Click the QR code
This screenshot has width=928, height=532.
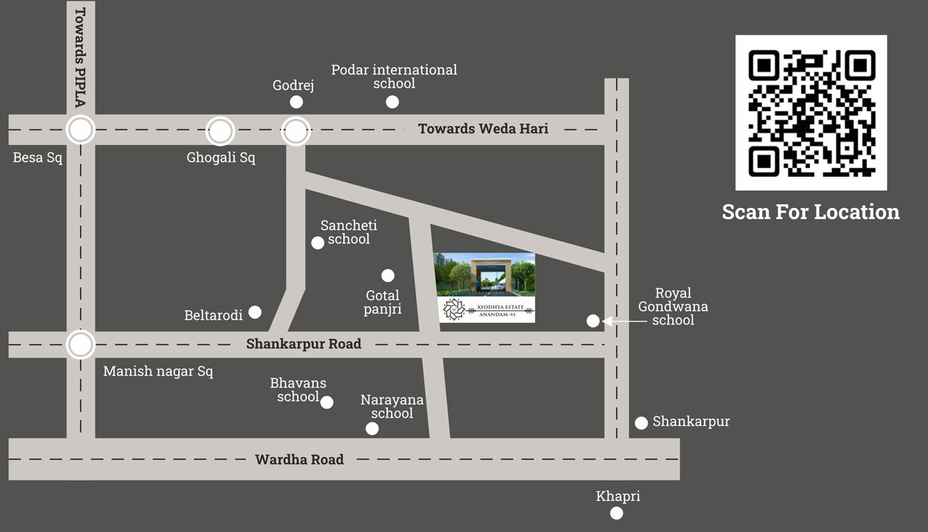tap(811, 113)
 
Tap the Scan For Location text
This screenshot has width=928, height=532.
tap(811, 212)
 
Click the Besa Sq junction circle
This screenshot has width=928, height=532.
tap(81, 130)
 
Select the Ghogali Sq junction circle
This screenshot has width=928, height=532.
tap(220, 131)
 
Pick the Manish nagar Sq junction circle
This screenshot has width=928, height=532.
tap(81, 345)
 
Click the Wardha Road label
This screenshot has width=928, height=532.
tap(299, 459)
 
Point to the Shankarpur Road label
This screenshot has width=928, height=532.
tap(304, 344)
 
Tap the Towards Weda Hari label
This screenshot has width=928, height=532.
tap(483, 129)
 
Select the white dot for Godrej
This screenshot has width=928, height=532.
tap(296, 102)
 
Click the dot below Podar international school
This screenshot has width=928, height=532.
tap(392, 102)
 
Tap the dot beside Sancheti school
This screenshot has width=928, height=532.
tap(318, 242)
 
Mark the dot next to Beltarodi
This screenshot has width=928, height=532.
tap(255, 312)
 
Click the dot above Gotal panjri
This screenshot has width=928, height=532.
tap(388, 276)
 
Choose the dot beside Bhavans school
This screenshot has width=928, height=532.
tap(327, 402)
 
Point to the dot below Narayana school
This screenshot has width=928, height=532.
tap(372, 429)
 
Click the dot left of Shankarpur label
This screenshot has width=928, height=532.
tap(641, 423)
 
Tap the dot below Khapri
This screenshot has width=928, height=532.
tap(616, 513)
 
